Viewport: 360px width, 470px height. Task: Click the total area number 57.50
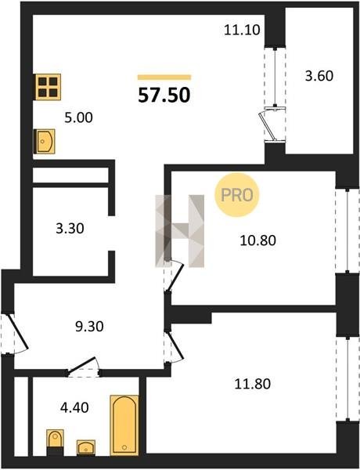[x=164, y=95]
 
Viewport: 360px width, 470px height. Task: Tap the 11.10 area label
[x=242, y=30]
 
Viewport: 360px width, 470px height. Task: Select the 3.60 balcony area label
[x=319, y=76]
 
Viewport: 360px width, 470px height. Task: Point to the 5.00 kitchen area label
[x=78, y=117]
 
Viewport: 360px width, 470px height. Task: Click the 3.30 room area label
[x=70, y=229]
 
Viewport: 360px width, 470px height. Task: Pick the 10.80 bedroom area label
[x=258, y=240]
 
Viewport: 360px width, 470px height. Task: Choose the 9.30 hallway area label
[x=89, y=327]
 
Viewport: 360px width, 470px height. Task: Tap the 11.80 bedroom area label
[x=253, y=384]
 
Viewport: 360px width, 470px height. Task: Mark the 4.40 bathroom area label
[x=74, y=407]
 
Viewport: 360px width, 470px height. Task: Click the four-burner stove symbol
[x=48, y=87]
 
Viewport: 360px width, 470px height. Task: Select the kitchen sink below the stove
[x=45, y=141]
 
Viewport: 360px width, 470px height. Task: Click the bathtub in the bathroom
[x=124, y=425]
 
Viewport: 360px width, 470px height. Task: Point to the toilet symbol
[x=55, y=443]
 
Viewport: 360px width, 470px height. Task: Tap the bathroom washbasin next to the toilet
[x=86, y=448]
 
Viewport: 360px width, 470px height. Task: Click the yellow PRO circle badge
[x=237, y=195]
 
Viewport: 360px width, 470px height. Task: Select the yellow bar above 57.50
[x=164, y=78]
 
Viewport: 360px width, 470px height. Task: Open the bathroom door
[x=83, y=367]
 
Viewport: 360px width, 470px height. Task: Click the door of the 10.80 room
[x=174, y=276]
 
